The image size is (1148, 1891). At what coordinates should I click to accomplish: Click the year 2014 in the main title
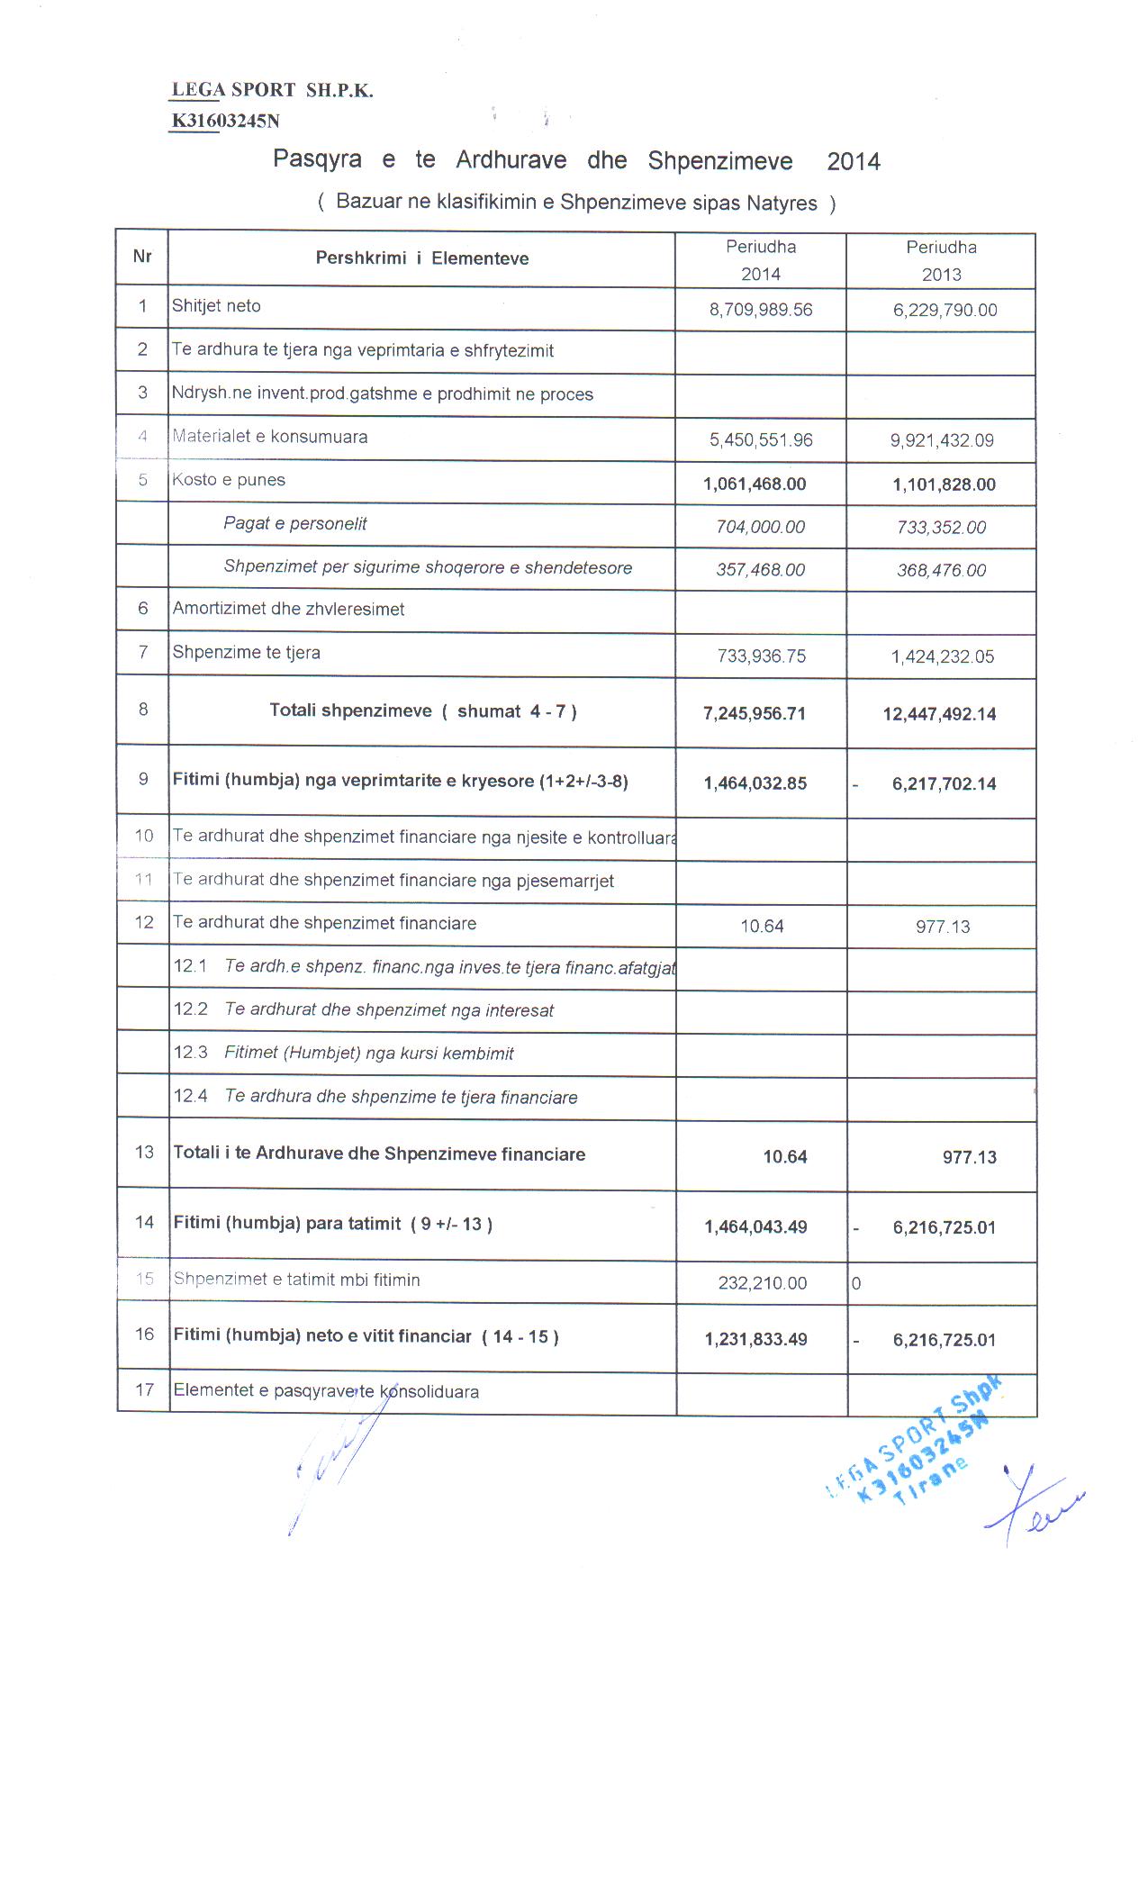[x=854, y=162]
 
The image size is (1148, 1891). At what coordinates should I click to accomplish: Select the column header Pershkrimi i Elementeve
[x=421, y=258]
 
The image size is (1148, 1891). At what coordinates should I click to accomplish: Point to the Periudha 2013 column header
[x=941, y=260]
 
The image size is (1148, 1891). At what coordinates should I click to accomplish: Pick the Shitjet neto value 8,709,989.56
[x=761, y=310]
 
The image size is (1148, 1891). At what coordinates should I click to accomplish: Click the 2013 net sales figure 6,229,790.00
[x=945, y=310]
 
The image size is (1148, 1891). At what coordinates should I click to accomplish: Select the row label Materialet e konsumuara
[x=270, y=437]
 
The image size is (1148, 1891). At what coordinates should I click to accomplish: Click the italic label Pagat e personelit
[x=295, y=523]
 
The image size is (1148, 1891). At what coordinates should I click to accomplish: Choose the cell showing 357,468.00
[x=761, y=570]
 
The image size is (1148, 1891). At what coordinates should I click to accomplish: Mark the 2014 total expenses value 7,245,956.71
[x=755, y=714]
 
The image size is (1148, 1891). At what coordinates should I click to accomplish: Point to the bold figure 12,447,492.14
[x=939, y=714]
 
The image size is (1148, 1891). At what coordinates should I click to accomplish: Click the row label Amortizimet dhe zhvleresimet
[x=288, y=609]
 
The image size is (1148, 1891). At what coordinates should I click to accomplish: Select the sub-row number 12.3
[x=191, y=1053]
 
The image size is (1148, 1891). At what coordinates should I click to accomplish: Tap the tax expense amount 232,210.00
[x=763, y=1283]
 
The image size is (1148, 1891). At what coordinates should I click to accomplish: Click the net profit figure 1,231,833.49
[x=755, y=1340]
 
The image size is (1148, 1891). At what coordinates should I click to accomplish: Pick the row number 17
[x=144, y=1389]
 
